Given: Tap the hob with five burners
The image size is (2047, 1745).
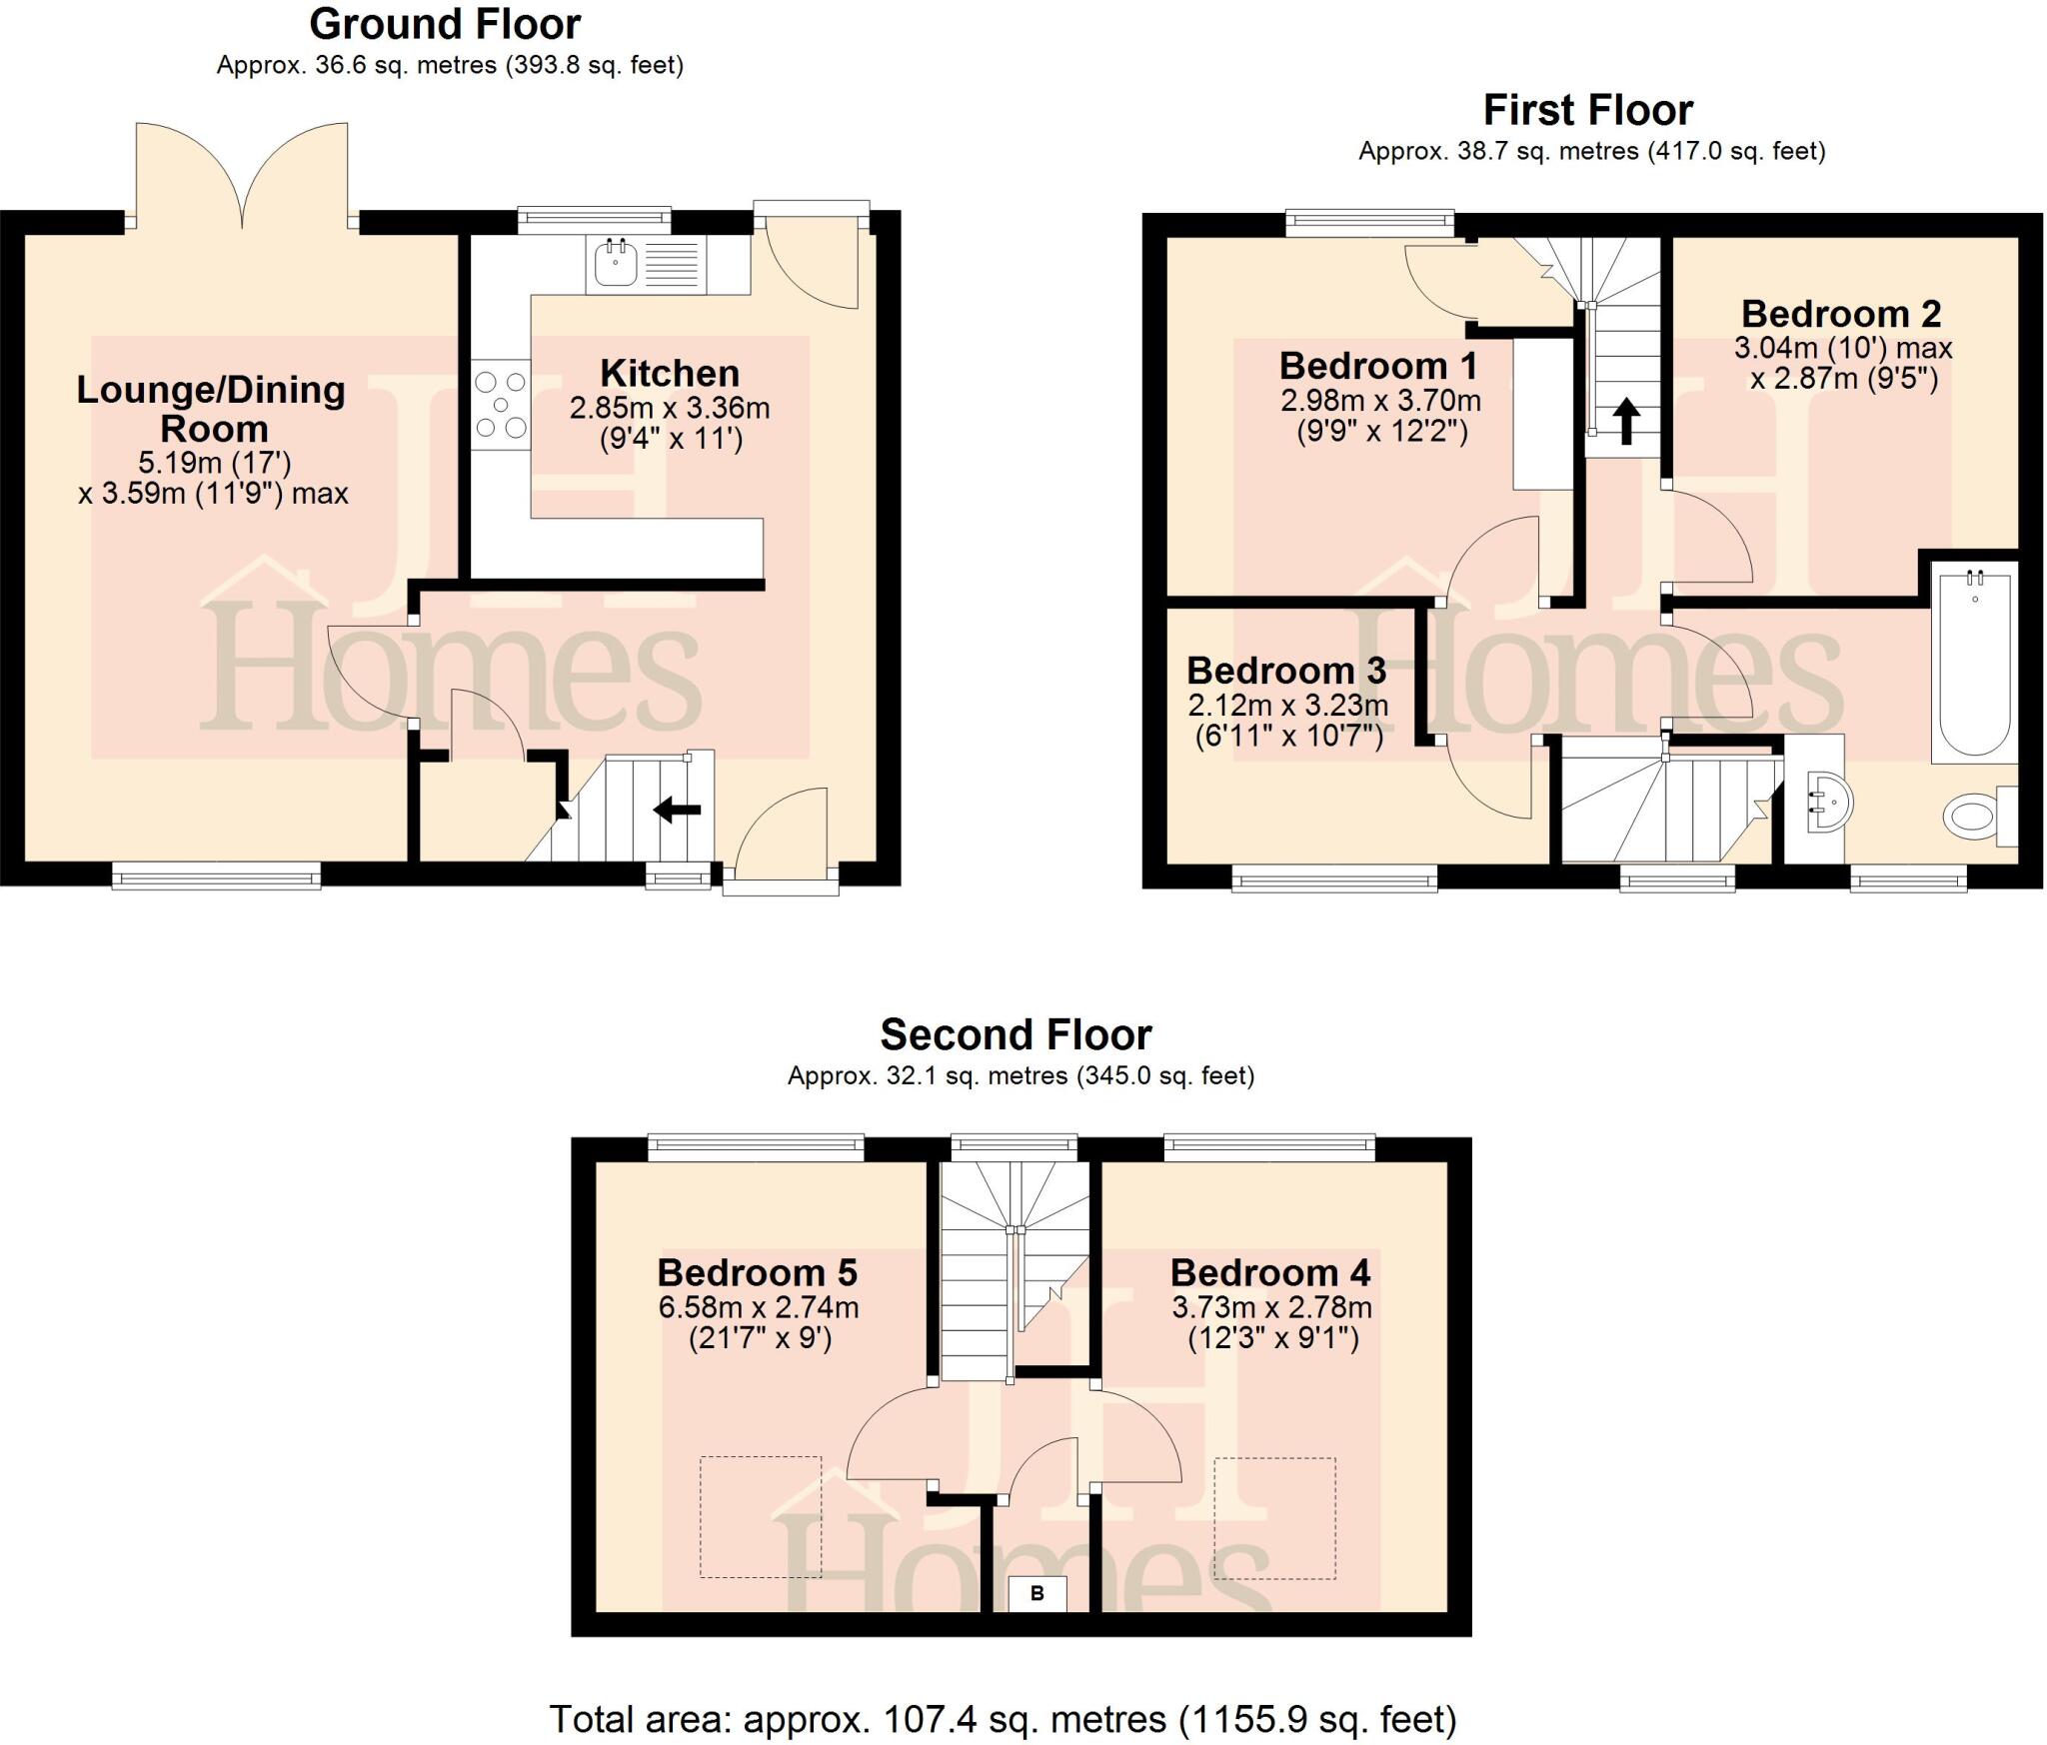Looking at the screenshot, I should pos(501,405).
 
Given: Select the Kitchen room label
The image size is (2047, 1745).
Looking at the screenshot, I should pos(670,373).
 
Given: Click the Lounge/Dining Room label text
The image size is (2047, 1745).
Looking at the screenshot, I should pos(212,408).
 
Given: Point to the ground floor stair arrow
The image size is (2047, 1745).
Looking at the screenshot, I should pos(678,811).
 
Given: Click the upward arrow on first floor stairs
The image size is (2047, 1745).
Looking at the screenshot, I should pos(1626,421).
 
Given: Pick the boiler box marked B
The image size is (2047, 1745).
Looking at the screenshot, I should pos(1036,1593).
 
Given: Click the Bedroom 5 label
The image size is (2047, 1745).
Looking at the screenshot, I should pos(757,1272).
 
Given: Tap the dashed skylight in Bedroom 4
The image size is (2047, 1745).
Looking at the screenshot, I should pos(1274,1518).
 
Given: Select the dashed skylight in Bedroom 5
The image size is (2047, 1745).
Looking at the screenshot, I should pos(760,1517).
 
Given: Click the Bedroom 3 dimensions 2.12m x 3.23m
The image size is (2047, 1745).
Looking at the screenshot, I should pos(1287,705).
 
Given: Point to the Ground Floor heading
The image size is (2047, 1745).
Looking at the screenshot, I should pos(445,24).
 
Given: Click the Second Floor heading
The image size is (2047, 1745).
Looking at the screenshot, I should pos(1016,1034).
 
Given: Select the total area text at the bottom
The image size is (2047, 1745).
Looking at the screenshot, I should pos(1003,1719).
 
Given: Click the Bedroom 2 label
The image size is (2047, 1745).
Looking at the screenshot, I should pos(1840,314).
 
